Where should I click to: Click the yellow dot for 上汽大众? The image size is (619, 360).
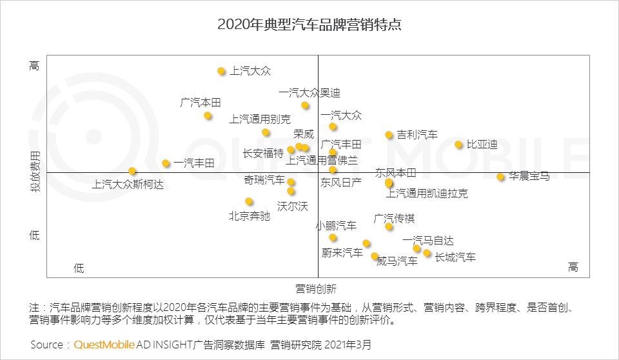[x=221, y=71]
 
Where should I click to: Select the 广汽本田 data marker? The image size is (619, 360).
[x=208, y=115]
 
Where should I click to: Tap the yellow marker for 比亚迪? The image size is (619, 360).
[x=458, y=145]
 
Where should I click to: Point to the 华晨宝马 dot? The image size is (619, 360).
[x=500, y=177]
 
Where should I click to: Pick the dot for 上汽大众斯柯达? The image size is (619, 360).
[x=132, y=171]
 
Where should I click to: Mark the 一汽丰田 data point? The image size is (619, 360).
[x=166, y=163]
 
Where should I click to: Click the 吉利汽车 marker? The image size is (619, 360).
[x=389, y=135]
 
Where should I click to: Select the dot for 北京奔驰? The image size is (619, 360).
[x=249, y=201]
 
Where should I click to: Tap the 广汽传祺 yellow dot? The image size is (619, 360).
[x=389, y=226]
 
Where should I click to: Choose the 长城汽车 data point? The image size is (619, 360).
[x=427, y=253]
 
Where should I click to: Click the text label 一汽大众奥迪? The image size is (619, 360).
[x=309, y=93]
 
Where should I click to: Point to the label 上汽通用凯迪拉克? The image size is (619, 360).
[x=427, y=194]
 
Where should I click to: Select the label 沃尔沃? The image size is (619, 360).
[x=293, y=206]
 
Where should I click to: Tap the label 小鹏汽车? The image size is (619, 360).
[x=336, y=226]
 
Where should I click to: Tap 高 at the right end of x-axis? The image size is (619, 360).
[x=573, y=267]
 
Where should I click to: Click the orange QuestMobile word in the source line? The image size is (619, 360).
[x=104, y=345]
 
